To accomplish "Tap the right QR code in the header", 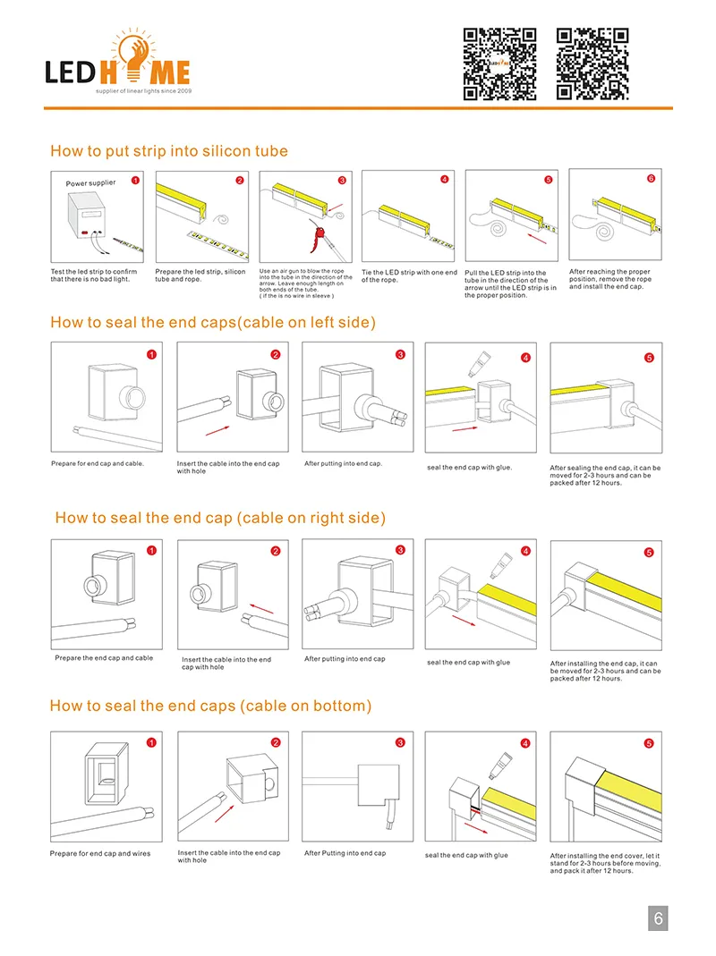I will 592,63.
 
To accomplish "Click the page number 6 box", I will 658,918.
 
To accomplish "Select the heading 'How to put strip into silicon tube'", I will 169,151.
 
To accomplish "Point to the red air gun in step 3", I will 315,238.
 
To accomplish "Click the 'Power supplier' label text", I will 90,183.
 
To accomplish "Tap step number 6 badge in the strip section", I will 651,179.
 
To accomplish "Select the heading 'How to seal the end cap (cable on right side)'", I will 220,518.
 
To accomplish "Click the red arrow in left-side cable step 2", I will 216,431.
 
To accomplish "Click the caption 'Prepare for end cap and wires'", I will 100,853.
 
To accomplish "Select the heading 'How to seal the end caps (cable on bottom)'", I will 210,706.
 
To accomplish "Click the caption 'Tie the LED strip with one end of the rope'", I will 409,275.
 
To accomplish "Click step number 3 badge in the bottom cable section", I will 400,742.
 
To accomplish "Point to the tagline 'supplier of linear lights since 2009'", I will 143,91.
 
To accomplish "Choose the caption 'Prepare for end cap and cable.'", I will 98,463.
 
